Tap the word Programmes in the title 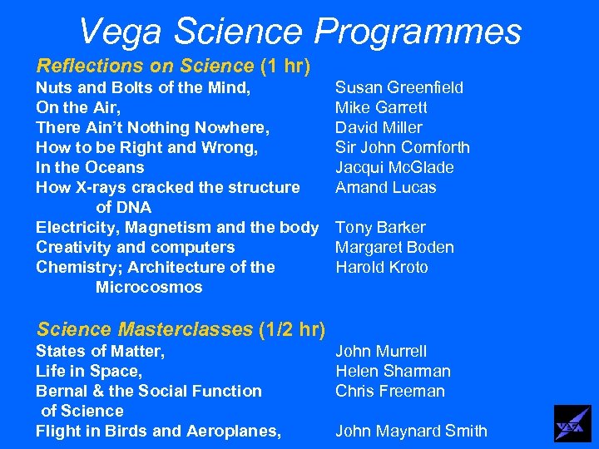[418, 32]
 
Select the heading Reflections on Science [145, 65]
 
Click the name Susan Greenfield [399, 87]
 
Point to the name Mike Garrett [381, 107]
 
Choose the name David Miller [379, 127]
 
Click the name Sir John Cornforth [403, 147]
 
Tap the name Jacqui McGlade [394, 167]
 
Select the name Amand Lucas [385, 187]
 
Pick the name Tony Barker [380, 227]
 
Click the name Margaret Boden [394, 247]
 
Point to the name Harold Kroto [382, 267]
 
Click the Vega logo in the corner [572, 423]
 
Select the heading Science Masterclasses [145, 329]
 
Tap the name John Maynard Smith [411, 431]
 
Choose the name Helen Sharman [393, 371]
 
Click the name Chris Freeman [390, 391]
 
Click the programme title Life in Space [89, 371]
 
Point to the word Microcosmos [149, 287]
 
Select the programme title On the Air [77, 107]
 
